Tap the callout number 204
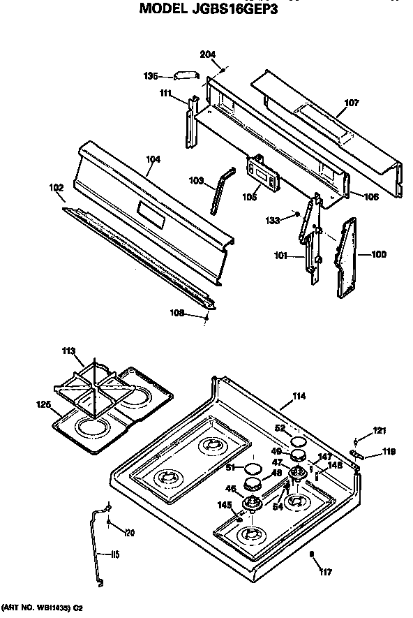tap(208, 54)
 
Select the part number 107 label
tap(352, 103)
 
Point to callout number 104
tap(153, 159)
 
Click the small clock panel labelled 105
tap(260, 172)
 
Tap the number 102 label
tap(56, 186)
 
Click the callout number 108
tap(178, 314)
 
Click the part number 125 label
tap(43, 404)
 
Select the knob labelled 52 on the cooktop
tap(299, 441)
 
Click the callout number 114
tap(299, 397)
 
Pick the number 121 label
tap(378, 430)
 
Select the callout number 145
tap(224, 505)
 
